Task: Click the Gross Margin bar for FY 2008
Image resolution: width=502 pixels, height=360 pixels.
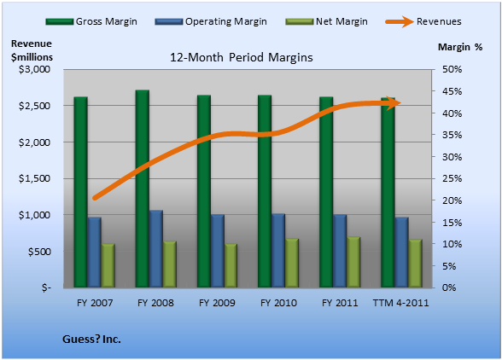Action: pyautogui.click(x=142, y=189)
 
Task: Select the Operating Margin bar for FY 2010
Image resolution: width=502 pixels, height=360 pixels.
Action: pyautogui.click(x=278, y=250)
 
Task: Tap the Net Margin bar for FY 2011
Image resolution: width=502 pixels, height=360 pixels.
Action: pyautogui.click(x=353, y=262)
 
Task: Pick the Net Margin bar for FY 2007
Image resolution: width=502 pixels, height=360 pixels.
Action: pyautogui.click(x=108, y=265)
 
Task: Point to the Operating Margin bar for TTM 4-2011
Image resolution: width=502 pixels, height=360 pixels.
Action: pyautogui.click(x=401, y=253)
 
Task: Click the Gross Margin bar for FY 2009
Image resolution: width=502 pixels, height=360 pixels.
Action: pyautogui.click(x=203, y=191)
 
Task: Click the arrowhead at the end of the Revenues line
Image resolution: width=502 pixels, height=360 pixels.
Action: pyautogui.click(x=394, y=103)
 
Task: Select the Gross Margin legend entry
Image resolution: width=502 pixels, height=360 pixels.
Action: pyautogui.click(x=91, y=21)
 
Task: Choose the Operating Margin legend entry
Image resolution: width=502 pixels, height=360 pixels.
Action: pyautogui.click(x=211, y=21)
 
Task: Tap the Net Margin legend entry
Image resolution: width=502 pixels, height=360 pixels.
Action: pyautogui.click(x=327, y=21)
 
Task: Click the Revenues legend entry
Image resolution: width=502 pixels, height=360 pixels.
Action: pyautogui.click(x=423, y=21)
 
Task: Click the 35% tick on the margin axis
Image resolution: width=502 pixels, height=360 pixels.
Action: pyautogui.click(x=452, y=135)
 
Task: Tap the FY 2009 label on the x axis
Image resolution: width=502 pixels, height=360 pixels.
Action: pyautogui.click(x=217, y=303)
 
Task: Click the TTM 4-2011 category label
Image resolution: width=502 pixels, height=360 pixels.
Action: pyautogui.click(x=401, y=303)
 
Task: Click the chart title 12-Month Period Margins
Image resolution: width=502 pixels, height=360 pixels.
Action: pyautogui.click(x=242, y=58)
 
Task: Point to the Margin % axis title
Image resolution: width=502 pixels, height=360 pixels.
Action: pyautogui.click(x=460, y=47)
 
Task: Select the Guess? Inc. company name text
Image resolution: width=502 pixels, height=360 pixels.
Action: pyautogui.click(x=91, y=339)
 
